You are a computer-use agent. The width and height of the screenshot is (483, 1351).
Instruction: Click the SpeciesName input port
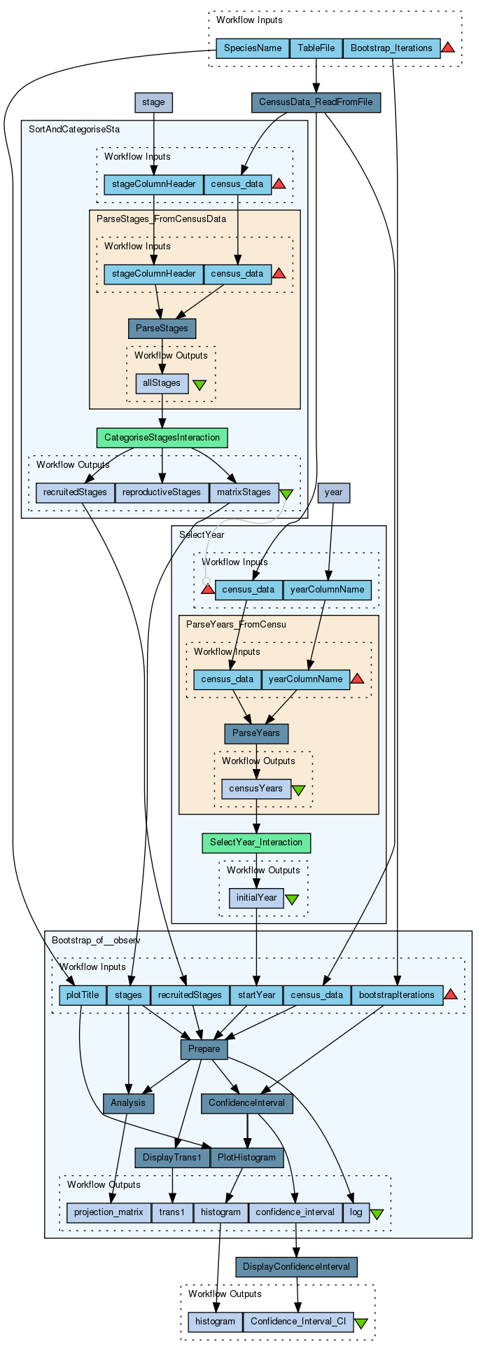click(252, 48)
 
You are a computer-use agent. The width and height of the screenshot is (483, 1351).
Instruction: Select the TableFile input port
click(316, 48)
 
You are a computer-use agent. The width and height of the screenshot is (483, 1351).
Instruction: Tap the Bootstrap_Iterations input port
click(391, 48)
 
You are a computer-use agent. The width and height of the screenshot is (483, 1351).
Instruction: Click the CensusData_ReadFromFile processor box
click(316, 103)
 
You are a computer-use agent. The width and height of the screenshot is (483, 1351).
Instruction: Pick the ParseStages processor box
click(162, 328)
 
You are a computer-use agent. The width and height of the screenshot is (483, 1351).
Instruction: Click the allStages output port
click(162, 383)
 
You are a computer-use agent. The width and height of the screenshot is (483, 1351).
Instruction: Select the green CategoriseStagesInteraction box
click(162, 438)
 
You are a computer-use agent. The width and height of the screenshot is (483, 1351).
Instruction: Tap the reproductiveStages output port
click(162, 492)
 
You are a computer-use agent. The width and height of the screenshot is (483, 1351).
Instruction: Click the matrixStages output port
click(244, 492)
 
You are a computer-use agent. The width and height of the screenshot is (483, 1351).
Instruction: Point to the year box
click(334, 492)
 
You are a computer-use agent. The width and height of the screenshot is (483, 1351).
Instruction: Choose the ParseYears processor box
click(256, 734)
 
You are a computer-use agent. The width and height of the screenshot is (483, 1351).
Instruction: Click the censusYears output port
click(256, 789)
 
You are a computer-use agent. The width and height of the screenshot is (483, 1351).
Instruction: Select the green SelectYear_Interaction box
click(256, 843)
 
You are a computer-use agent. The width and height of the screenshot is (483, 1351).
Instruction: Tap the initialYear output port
click(256, 898)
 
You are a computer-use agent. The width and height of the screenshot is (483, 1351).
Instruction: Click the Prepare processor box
click(204, 1049)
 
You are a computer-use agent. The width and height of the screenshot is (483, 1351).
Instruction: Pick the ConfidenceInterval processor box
click(247, 1104)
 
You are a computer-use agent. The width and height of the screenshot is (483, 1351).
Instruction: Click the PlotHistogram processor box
click(247, 1158)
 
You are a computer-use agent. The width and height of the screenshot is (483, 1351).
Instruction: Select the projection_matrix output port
click(108, 1212)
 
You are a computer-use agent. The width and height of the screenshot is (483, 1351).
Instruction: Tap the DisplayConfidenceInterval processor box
click(297, 1267)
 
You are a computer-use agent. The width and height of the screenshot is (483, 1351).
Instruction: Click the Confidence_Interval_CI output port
click(298, 1322)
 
